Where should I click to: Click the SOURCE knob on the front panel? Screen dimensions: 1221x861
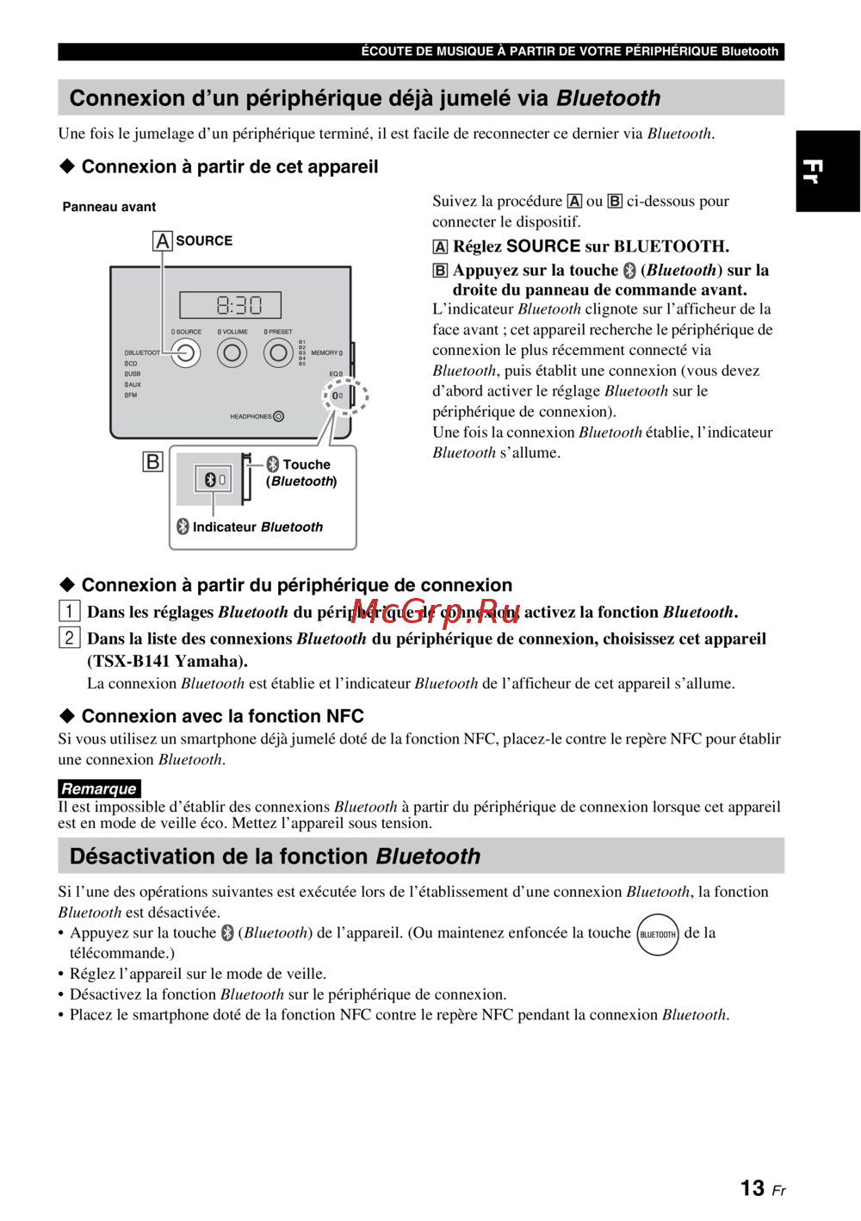pos(185,352)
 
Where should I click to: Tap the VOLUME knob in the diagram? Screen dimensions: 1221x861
pos(232,352)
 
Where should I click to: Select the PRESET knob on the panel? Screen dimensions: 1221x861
pos(278,352)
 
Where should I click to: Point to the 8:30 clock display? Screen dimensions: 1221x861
pos(231,305)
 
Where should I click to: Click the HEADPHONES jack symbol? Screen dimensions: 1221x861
pos(278,416)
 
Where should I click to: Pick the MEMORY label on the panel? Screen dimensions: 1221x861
pos(325,352)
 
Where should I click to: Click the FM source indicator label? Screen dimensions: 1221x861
pos(131,396)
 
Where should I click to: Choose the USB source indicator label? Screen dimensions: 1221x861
pos(133,374)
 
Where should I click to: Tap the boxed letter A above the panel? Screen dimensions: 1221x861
pos(163,240)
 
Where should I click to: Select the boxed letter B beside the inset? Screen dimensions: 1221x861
pos(152,462)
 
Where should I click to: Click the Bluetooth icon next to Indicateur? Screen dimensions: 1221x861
pos(183,526)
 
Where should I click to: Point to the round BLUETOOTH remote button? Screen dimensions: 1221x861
pos(658,934)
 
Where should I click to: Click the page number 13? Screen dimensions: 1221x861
pos(753,1188)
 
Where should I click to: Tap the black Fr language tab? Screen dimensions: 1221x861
pos(827,171)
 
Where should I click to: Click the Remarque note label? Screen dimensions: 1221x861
pos(99,788)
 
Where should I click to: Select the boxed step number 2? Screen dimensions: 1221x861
pos(69,638)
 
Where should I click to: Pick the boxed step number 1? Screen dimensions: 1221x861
pos(69,611)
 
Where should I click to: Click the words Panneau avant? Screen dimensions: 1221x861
pos(109,207)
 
